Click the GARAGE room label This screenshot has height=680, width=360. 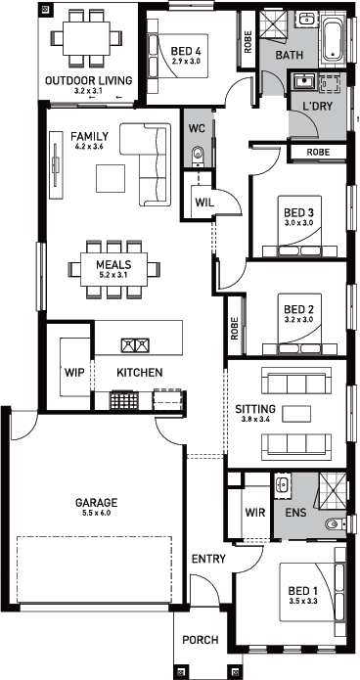[x=96, y=503]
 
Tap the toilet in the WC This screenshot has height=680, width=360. [x=198, y=154]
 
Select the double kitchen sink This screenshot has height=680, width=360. [x=135, y=345]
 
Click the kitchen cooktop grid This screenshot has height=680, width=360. [x=123, y=400]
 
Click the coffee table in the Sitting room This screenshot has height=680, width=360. [x=296, y=414]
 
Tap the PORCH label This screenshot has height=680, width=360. [x=200, y=640]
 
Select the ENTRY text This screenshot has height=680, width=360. [x=208, y=559]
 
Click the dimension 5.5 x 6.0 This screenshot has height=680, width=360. [x=96, y=513]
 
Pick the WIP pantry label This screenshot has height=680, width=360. [x=74, y=372]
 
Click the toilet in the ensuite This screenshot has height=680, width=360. [x=334, y=524]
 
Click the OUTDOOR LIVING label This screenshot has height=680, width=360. [x=88, y=80]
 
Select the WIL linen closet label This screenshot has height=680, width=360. [x=203, y=203]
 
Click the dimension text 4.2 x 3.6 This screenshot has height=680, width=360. [x=90, y=147]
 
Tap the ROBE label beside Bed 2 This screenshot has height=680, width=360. [x=235, y=329]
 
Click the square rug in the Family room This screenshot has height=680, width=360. [x=111, y=178]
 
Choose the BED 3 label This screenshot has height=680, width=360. [x=298, y=213]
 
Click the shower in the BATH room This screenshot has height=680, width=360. [x=274, y=24]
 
